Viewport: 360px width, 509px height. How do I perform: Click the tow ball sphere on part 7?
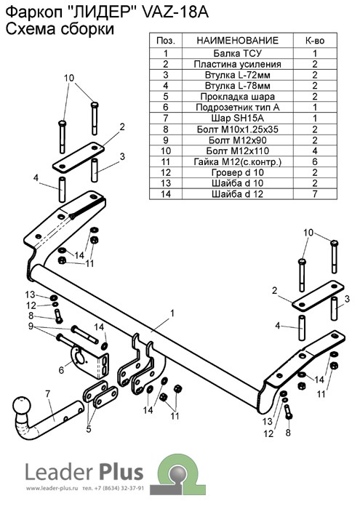coord(22,405)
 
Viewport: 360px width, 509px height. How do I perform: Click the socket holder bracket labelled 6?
coord(88,361)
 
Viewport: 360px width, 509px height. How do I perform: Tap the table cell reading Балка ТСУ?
coord(237,53)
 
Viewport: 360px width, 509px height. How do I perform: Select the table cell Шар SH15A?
coord(237,118)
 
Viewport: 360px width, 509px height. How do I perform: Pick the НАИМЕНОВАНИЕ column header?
coord(237,40)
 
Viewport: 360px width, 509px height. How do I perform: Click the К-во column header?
coord(315,40)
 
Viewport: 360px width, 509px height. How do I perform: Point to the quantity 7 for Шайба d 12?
coord(315,194)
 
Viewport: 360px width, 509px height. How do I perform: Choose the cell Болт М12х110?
coord(237,151)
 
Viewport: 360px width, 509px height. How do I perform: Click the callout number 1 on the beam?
coord(172,313)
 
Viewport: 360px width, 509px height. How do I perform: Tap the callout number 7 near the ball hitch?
coord(48,394)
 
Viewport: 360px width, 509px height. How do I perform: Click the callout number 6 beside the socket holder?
coord(61,369)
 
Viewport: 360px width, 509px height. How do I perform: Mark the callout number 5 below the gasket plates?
coord(89,429)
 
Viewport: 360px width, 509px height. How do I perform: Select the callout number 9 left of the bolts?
coord(31,326)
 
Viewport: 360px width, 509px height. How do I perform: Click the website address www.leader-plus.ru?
coord(52,497)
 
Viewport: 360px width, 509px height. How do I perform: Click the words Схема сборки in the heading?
coord(60,29)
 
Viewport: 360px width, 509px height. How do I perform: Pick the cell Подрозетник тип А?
coord(237,108)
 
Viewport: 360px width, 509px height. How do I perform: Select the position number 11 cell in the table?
coord(166,161)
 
